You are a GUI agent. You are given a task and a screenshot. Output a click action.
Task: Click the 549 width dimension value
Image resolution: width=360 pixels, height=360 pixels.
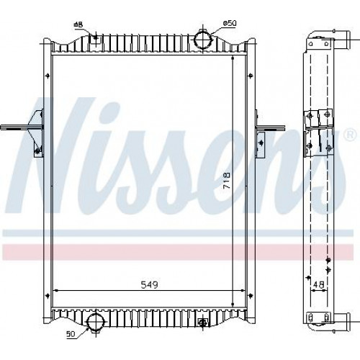click(149, 284)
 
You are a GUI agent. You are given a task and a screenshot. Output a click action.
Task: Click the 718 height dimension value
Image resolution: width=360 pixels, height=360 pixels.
click(227, 181)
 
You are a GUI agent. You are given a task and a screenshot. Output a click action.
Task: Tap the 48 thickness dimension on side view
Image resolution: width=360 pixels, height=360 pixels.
click(319, 285)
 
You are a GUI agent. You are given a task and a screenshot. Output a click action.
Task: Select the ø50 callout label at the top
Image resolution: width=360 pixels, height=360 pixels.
click(230, 23)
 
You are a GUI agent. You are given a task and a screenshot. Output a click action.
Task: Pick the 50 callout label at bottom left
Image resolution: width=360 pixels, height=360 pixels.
click(71, 334)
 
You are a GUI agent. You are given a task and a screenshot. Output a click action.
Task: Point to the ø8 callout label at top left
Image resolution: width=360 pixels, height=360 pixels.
click(78, 24)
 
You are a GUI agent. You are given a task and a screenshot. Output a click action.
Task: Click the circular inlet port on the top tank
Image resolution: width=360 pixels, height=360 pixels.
click(203, 40)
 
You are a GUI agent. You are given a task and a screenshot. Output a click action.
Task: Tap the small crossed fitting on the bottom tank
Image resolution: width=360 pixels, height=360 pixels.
click(203, 323)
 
